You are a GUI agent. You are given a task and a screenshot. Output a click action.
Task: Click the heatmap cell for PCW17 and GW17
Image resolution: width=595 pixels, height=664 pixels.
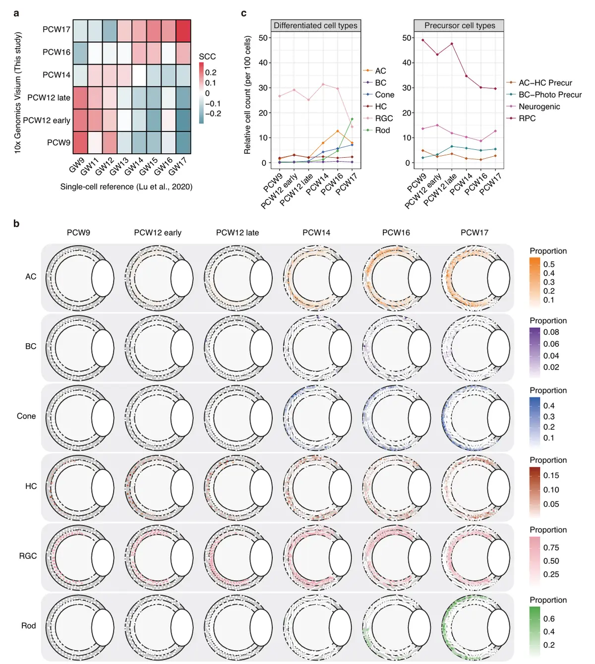pyautogui.click(x=183, y=31)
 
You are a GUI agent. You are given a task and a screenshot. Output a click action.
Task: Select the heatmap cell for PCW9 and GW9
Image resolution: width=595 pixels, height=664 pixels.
pyautogui.click(x=80, y=142)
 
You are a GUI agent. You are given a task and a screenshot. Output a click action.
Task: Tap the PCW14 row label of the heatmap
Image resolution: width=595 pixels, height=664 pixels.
pyautogui.click(x=57, y=75)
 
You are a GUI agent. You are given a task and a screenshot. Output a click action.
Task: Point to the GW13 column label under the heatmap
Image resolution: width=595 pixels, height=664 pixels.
pyautogui.click(x=119, y=166)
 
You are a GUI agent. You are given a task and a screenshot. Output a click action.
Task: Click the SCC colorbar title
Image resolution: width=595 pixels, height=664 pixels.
pyautogui.click(x=207, y=57)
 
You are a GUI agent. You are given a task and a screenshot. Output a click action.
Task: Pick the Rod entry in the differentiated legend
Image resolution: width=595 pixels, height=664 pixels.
pyautogui.click(x=382, y=130)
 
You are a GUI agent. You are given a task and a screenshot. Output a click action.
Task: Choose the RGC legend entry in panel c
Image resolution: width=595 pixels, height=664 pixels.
pyautogui.click(x=384, y=119)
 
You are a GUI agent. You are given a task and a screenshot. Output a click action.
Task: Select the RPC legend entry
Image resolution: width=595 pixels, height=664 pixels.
pyautogui.click(x=527, y=119)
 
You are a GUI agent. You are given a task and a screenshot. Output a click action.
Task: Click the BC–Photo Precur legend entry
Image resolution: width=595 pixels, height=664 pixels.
pyautogui.click(x=550, y=95)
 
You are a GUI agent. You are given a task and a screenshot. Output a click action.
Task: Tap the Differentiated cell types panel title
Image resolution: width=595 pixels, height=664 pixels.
pyautogui.click(x=315, y=26)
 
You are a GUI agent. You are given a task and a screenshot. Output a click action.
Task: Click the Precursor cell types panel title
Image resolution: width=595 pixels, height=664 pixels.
pyautogui.click(x=459, y=26)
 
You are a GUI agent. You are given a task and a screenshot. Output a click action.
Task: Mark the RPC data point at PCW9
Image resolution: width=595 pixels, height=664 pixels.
pyautogui.click(x=422, y=40)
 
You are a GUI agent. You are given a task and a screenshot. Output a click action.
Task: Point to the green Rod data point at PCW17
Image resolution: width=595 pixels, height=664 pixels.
pyautogui.click(x=352, y=119)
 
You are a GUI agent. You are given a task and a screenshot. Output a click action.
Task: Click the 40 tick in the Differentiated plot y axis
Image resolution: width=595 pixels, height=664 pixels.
pyautogui.click(x=263, y=63)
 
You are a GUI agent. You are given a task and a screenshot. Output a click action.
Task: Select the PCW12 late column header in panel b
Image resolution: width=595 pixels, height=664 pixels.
pyautogui.click(x=237, y=233)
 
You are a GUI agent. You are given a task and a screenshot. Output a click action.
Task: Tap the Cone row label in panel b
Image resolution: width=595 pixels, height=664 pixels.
pyautogui.click(x=26, y=416)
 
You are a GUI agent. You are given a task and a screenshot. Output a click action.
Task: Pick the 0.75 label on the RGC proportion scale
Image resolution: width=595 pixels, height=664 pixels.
pyautogui.click(x=551, y=547)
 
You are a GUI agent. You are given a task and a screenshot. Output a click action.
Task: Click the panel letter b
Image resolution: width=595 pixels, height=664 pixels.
pyautogui.click(x=16, y=224)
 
